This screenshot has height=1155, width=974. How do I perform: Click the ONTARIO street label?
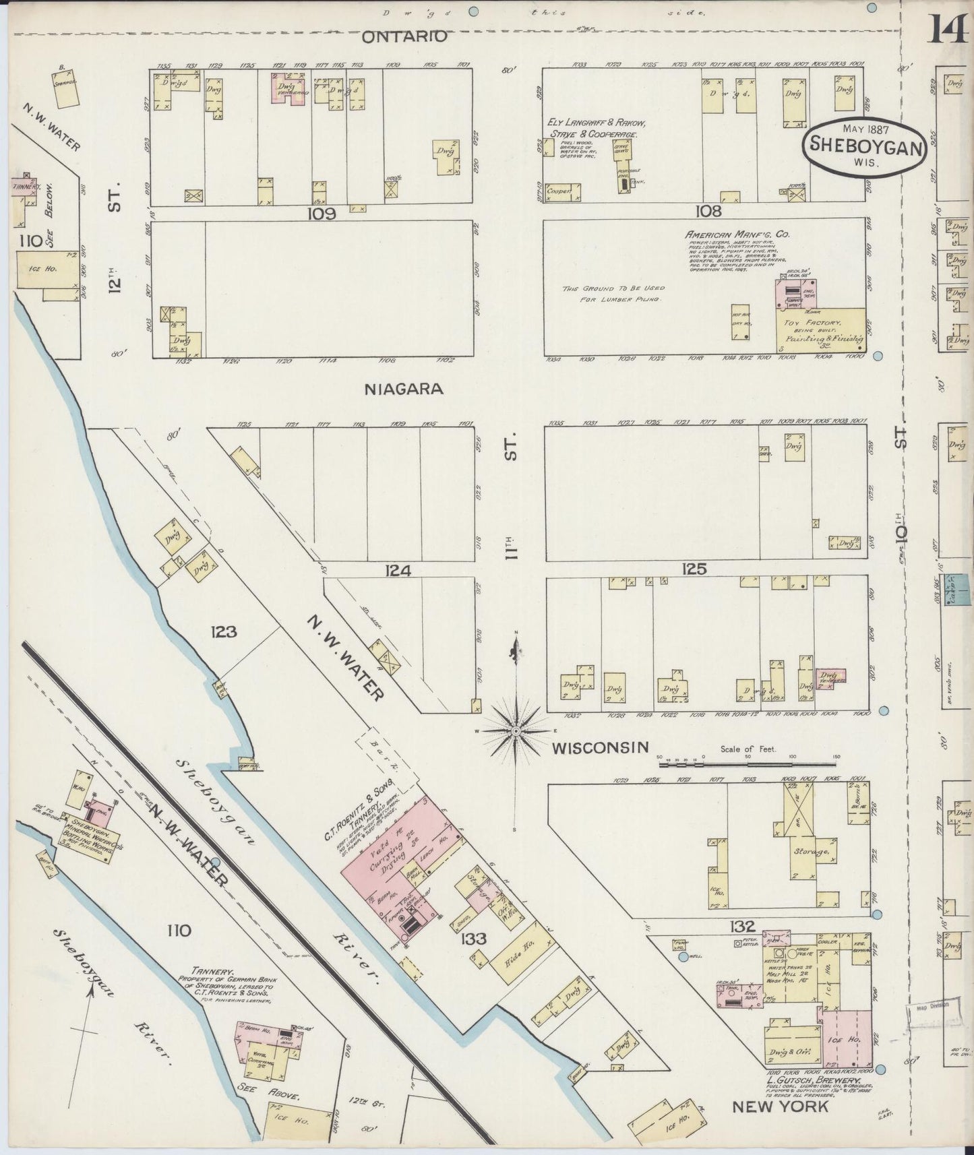point(404,37)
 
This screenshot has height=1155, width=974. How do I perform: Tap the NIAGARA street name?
point(404,389)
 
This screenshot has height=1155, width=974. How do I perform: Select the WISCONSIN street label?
point(601,747)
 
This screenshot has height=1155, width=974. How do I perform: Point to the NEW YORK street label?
point(780,1106)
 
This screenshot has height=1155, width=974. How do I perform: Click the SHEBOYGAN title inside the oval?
point(865,146)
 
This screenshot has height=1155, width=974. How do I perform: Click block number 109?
point(322,214)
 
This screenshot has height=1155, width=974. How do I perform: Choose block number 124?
point(398,571)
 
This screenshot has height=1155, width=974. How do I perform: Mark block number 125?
point(694,569)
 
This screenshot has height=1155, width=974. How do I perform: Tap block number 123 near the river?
point(223,632)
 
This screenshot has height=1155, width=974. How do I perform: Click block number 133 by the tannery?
point(475,938)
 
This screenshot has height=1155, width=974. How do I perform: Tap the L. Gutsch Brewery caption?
point(812,1081)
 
